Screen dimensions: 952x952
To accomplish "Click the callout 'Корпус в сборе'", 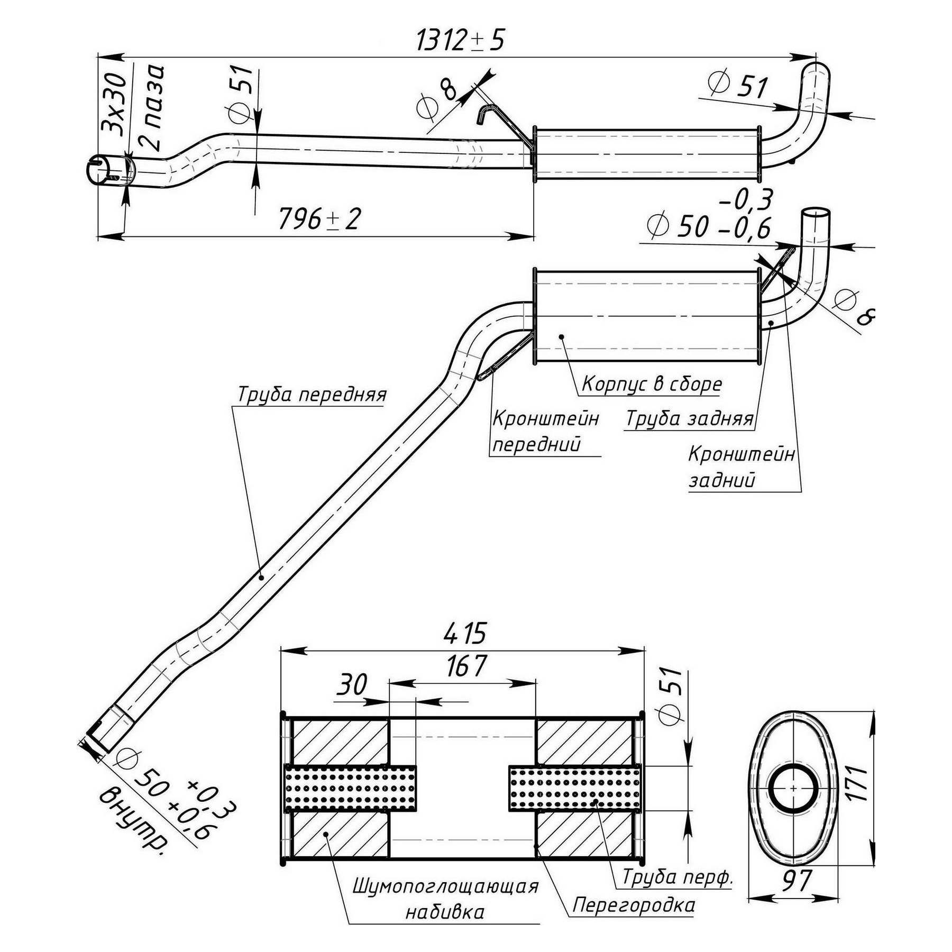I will pyautogui.click(x=652, y=385).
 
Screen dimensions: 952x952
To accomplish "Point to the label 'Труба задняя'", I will pyautogui.click(x=689, y=419).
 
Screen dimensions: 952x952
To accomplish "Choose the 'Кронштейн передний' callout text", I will pyautogui.click(x=545, y=432).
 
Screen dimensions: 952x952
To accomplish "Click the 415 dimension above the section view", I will pyautogui.click(x=464, y=633).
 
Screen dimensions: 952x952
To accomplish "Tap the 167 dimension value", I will pyautogui.click(x=465, y=667).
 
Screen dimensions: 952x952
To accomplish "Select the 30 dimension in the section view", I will pyautogui.click(x=352, y=685).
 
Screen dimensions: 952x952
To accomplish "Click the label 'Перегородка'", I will pyautogui.click(x=633, y=905).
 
